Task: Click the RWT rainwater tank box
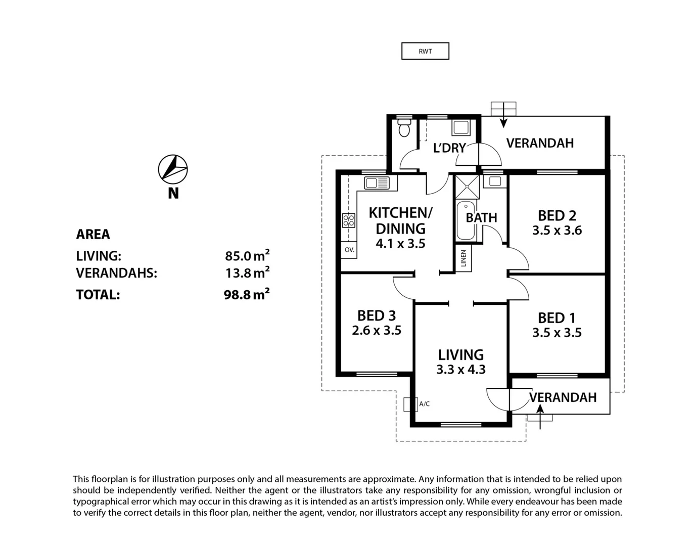(x=425, y=51)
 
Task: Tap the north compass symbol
(x=173, y=169)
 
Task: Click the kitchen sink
(x=377, y=183)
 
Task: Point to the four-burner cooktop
(x=349, y=220)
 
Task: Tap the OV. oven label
(x=349, y=250)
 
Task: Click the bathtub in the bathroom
(x=466, y=221)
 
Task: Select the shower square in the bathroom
(x=468, y=186)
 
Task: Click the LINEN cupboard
(x=464, y=259)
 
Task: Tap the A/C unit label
(x=424, y=404)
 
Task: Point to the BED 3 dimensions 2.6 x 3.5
(x=377, y=331)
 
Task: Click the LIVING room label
(x=460, y=355)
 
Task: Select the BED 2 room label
(x=557, y=216)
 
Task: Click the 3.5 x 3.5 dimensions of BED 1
(x=557, y=333)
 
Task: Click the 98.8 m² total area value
(x=246, y=294)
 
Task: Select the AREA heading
(x=93, y=235)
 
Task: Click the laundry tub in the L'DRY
(x=460, y=128)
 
